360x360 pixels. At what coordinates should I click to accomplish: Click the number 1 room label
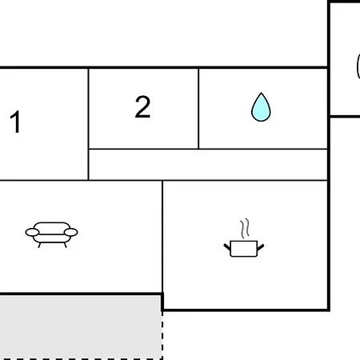(x=15, y=122)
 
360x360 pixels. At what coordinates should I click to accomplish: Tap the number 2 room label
(x=142, y=106)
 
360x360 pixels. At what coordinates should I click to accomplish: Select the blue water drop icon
(x=261, y=107)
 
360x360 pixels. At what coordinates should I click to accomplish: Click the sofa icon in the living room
(x=51, y=234)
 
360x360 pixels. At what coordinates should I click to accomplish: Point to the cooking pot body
(x=244, y=249)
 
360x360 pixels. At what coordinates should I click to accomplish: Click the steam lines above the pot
(x=245, y=228)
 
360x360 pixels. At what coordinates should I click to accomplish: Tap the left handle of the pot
(x=227, y=247)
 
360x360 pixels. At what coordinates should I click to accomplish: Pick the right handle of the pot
(x=261, y=247)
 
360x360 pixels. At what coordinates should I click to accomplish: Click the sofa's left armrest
(x=32, y=232)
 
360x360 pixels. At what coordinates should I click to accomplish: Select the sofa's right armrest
(x=71, y=232)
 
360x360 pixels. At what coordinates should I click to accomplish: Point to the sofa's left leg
(x=39, y=245)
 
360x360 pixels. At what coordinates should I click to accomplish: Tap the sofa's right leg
(x=65, y=245)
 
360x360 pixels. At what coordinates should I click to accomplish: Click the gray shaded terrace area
(x=81, y=327)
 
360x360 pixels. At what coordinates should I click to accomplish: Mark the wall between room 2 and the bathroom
(x=198, y=109)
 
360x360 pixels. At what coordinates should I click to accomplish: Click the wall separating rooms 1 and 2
(x=88, y=124)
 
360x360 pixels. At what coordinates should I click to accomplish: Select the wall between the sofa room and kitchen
(x=162, y=238)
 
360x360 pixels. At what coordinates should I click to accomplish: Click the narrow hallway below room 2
(x=208, y=165)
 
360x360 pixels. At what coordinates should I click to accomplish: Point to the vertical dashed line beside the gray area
(x=162, y=335)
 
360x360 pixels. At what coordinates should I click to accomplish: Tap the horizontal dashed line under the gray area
(x=81, y=359)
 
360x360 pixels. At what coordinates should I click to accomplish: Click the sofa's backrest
(x=52, y=227)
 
